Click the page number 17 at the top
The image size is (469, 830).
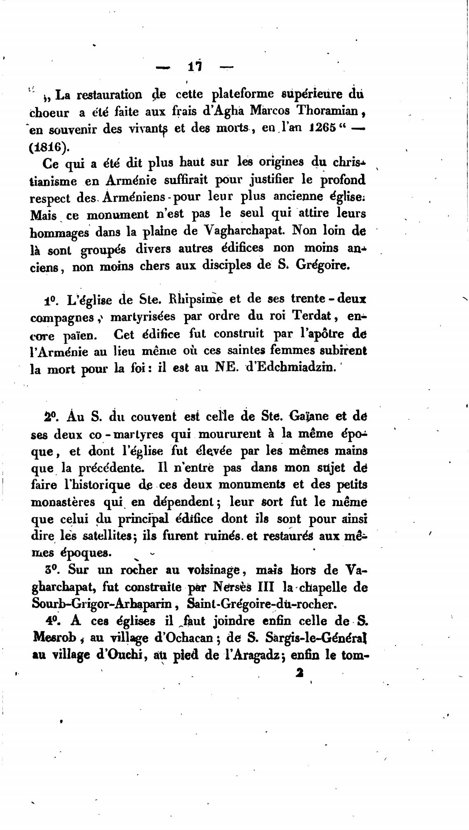(195, 67)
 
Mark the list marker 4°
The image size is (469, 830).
(52, 620)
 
